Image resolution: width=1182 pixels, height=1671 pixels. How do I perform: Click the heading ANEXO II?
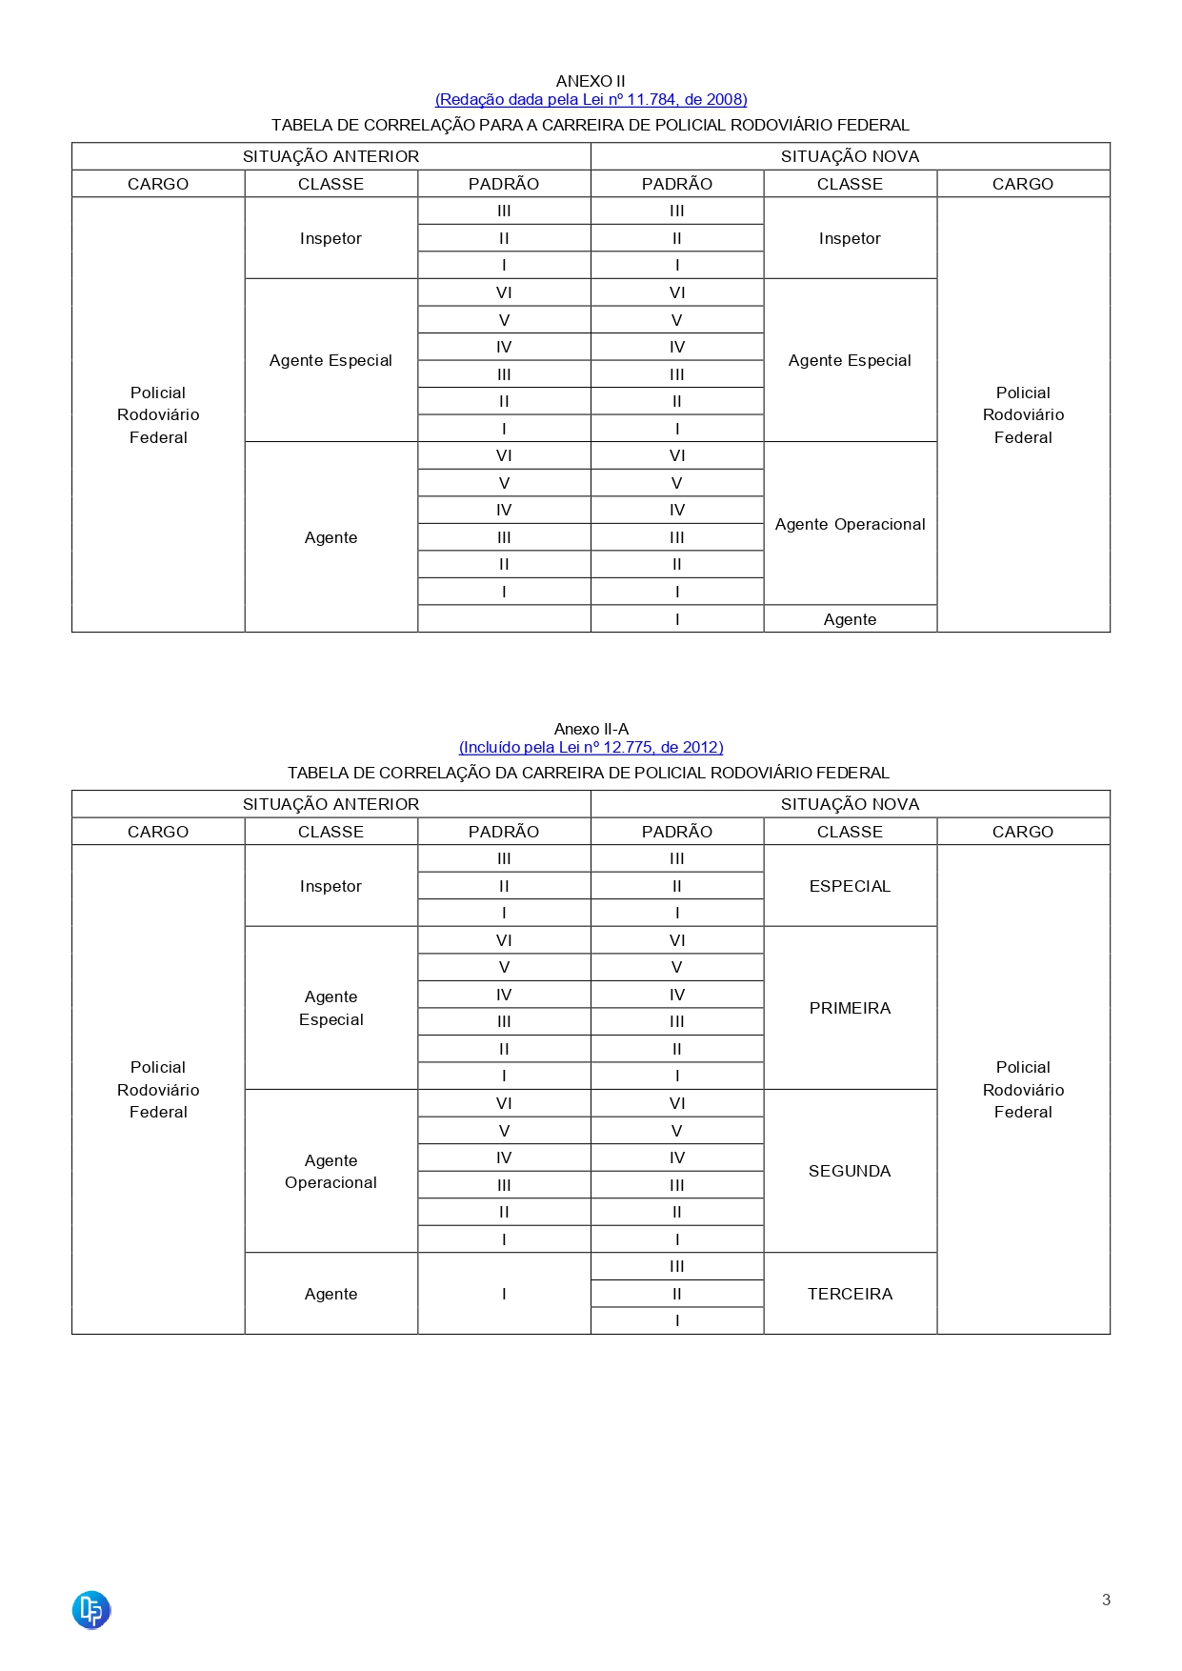tap(591, 81)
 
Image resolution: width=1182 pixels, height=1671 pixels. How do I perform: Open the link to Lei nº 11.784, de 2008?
tap(591, 99)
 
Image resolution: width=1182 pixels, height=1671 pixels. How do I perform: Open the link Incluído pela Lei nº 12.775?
tap(591, 747)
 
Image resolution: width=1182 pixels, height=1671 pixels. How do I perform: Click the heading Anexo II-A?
tap(591, 729)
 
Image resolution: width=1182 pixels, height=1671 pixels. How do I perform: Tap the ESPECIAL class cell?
tap(850, 886)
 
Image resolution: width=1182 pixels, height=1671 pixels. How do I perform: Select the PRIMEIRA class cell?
tap(850, 1008)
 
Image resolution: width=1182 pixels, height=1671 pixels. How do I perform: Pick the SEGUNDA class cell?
tap(850, 1171)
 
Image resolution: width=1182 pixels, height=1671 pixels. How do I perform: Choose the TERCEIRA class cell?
tap(850, 1294)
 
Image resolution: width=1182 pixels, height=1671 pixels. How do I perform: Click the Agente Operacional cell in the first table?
tap(850, 524)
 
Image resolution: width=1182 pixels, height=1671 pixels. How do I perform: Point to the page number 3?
tap(1106, 1600)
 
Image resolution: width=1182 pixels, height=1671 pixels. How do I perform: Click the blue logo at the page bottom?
tap(91, 1610)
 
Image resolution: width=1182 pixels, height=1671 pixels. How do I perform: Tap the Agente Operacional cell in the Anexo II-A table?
tap(331, 1171)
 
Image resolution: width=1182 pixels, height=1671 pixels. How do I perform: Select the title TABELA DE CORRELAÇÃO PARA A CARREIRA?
tap(591, 125)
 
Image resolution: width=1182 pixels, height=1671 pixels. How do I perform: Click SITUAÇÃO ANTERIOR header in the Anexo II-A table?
tap(331, 804)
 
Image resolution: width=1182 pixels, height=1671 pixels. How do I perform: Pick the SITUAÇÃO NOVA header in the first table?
tap(850, 156)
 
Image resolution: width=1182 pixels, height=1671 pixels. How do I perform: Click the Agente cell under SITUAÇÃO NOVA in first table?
tap(850, 619)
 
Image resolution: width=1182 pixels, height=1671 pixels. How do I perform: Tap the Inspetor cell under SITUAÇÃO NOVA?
tap(850, 238)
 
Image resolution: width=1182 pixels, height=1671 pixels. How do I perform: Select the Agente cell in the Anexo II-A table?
tap(331, 1294)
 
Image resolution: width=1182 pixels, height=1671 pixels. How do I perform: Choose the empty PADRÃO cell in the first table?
tap(504, 619)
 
